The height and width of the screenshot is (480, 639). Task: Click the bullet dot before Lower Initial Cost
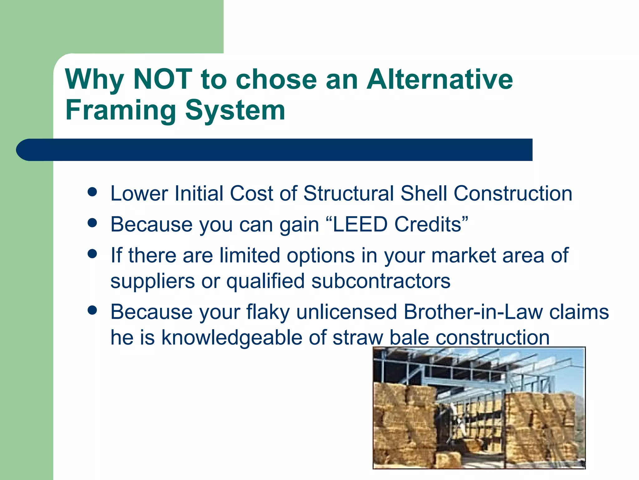click(92, 192)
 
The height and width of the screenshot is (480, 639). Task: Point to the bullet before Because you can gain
click(92, 223)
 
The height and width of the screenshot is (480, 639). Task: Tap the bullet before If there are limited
click(92, 254)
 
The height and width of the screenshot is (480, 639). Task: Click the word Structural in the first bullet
click(349, 193)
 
